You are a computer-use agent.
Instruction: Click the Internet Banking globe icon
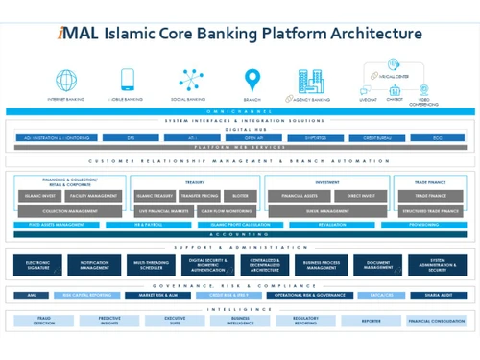tap(66, 79)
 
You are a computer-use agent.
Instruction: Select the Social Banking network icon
tap(190, 79)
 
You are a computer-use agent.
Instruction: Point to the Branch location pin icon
tap(252, 79)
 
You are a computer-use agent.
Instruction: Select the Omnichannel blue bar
tap(239, 111)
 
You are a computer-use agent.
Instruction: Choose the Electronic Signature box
tap(37, 264)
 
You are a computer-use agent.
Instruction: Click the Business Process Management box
tap(324, 264)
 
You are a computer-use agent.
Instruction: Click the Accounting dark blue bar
tap(239, 234)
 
